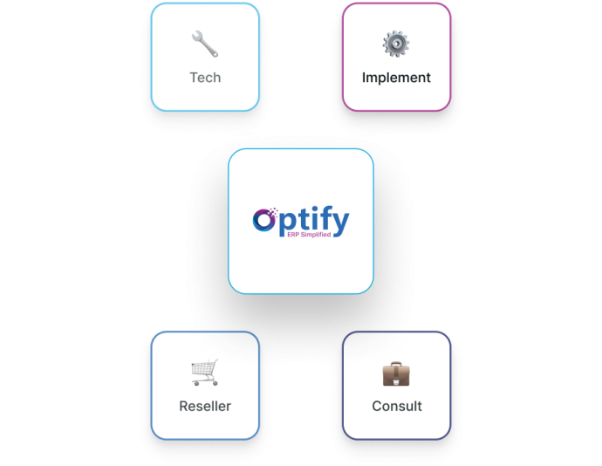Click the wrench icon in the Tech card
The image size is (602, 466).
point(205,44)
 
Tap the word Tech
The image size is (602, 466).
point(205,78)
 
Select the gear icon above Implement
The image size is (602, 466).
point(396,44)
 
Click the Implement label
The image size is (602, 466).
point(396,78)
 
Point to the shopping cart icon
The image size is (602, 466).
point(205,373)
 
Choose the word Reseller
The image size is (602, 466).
point(205,406)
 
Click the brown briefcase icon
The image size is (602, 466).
point(396,373)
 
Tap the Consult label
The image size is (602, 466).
point(397,406)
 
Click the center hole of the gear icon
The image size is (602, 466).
point(396,44)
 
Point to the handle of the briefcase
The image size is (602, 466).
point(396,363)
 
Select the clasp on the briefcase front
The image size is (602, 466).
point(396,376)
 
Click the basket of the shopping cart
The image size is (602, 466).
point(206,369)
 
